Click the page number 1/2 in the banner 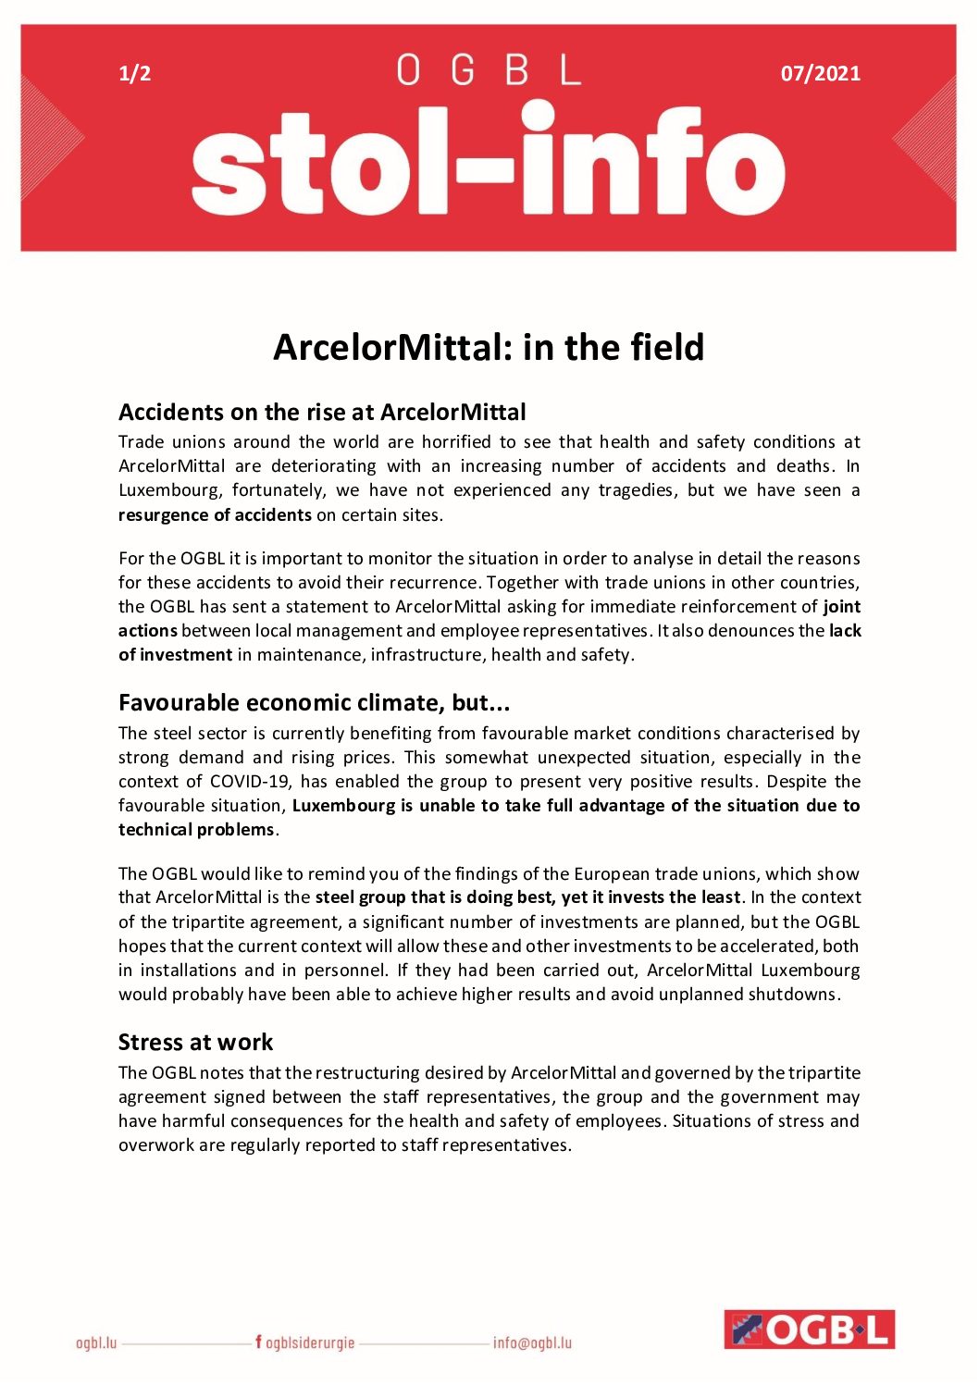[135, 74]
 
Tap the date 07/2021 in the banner [820, 74]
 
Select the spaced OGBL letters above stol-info [489, 70]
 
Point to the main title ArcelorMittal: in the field [489, 347]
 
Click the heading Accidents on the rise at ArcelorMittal [322, 412]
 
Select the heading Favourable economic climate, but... [314, 703]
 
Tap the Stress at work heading [195, 1043]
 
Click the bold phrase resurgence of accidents [215, 515]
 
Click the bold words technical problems [196, 830]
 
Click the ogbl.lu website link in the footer [96, 1342]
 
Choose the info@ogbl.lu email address [532, 1342]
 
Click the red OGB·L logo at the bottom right [809, 1329]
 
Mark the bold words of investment [176, 655]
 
